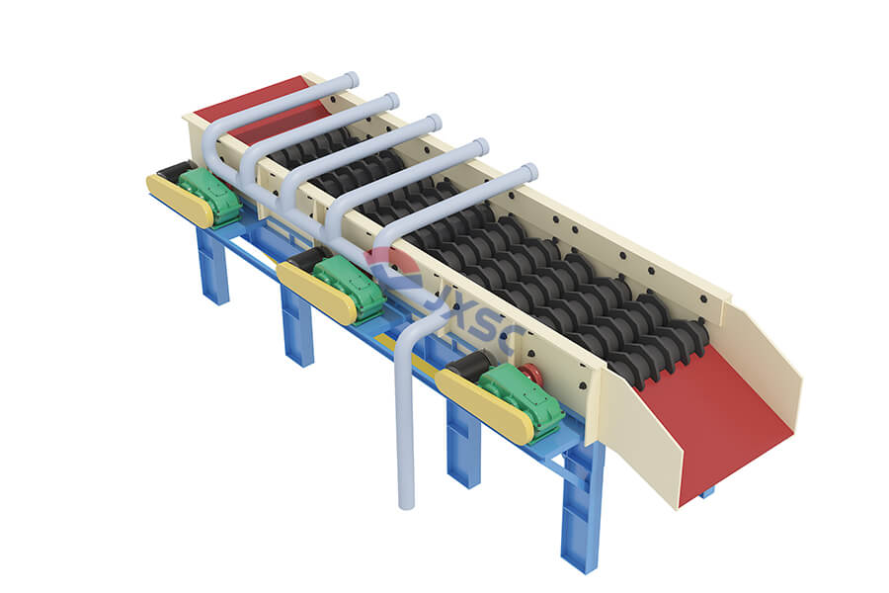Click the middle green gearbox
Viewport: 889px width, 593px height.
(351, 288)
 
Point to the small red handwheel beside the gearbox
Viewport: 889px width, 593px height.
(531, 375)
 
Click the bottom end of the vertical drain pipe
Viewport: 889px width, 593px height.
(405, 503)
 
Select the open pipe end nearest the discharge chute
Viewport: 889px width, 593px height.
(530, 172)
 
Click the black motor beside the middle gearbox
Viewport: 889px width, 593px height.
(307, 261)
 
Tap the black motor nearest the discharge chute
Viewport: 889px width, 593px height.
(464, 367)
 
